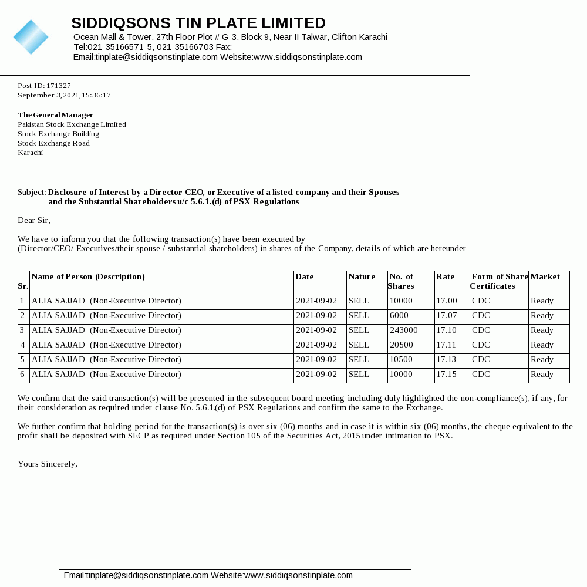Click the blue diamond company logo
tap(31, 37)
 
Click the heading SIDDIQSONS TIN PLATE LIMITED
tap(198, 23)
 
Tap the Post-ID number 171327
tap(59, 86)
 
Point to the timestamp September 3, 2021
tap(64, 95)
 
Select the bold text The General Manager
tap(56, 115)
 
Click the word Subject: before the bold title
tap(32, 193)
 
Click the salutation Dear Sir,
tap(34, 221)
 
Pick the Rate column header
tap(446, 277)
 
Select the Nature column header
tap(362, 277)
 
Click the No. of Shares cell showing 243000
tap(404, 330)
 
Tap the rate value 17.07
tap(446, 316)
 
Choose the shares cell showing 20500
tap(402, 345)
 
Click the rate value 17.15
tap(446, 375)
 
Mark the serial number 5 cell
tap(22, 360)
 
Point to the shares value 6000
tap(399, 316)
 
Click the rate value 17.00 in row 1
tap(446, 301)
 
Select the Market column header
tap(545, 277)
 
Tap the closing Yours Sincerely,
tap(48, 464)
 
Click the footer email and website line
tap(208, 576)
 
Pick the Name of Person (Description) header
tap(88, 277)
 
